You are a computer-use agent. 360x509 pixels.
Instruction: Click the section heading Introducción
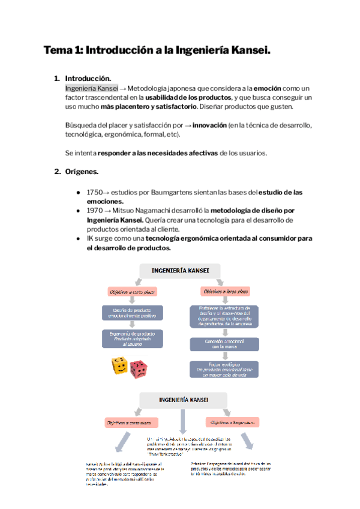pos(88,79)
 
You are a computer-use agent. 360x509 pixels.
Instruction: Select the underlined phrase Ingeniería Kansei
pos(92,88)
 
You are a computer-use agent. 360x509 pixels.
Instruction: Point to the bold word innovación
pos(209,125)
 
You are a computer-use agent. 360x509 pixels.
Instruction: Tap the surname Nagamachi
pos(164,211)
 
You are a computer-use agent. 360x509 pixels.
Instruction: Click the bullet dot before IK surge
pos(79,239)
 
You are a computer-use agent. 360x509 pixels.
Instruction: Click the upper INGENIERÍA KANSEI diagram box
pos(181,271)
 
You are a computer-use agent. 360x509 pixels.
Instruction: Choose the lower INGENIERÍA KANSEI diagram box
pos(184,399)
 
